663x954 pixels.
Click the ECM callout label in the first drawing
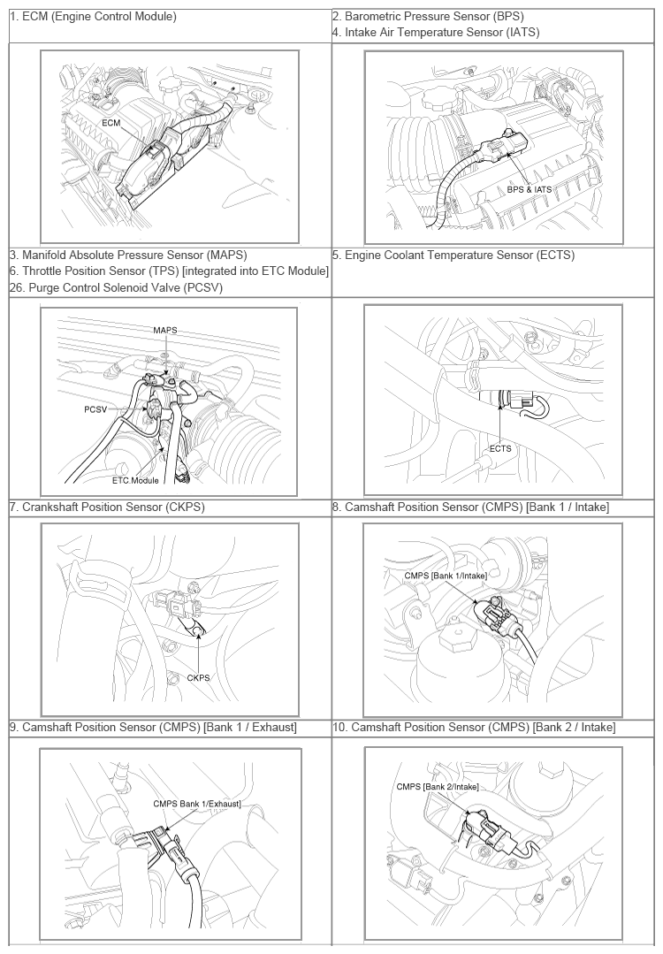[x=110, y=123]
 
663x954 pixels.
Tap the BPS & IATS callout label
[x=530, y=189]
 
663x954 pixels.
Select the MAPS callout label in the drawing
[x=164, y=330]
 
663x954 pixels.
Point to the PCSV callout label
[x=95, y=409]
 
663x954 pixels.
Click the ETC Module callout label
[x=135, y=480]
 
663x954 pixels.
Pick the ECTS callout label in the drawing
[x=500, y=448]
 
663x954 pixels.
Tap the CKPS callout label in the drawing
[x=198, y=677]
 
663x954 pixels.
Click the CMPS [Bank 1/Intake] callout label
[x=446, y=576]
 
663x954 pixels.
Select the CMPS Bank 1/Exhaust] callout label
[x=197, y=804]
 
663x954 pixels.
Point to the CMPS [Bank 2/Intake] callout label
[x=438, y=787]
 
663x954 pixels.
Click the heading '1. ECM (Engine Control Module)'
[x=93, y=17]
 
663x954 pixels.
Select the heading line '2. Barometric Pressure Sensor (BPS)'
[x=428, y=17]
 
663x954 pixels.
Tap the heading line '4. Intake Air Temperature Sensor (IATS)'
[x=436, y=32]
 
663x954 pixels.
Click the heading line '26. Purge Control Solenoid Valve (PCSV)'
[x=116, y=287]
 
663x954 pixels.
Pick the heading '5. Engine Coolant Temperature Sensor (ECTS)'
[x=453, y=255]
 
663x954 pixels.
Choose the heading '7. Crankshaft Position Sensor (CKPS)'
[x=107, y=507]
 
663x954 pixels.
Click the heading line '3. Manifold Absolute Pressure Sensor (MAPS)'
[x=128, y=255]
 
